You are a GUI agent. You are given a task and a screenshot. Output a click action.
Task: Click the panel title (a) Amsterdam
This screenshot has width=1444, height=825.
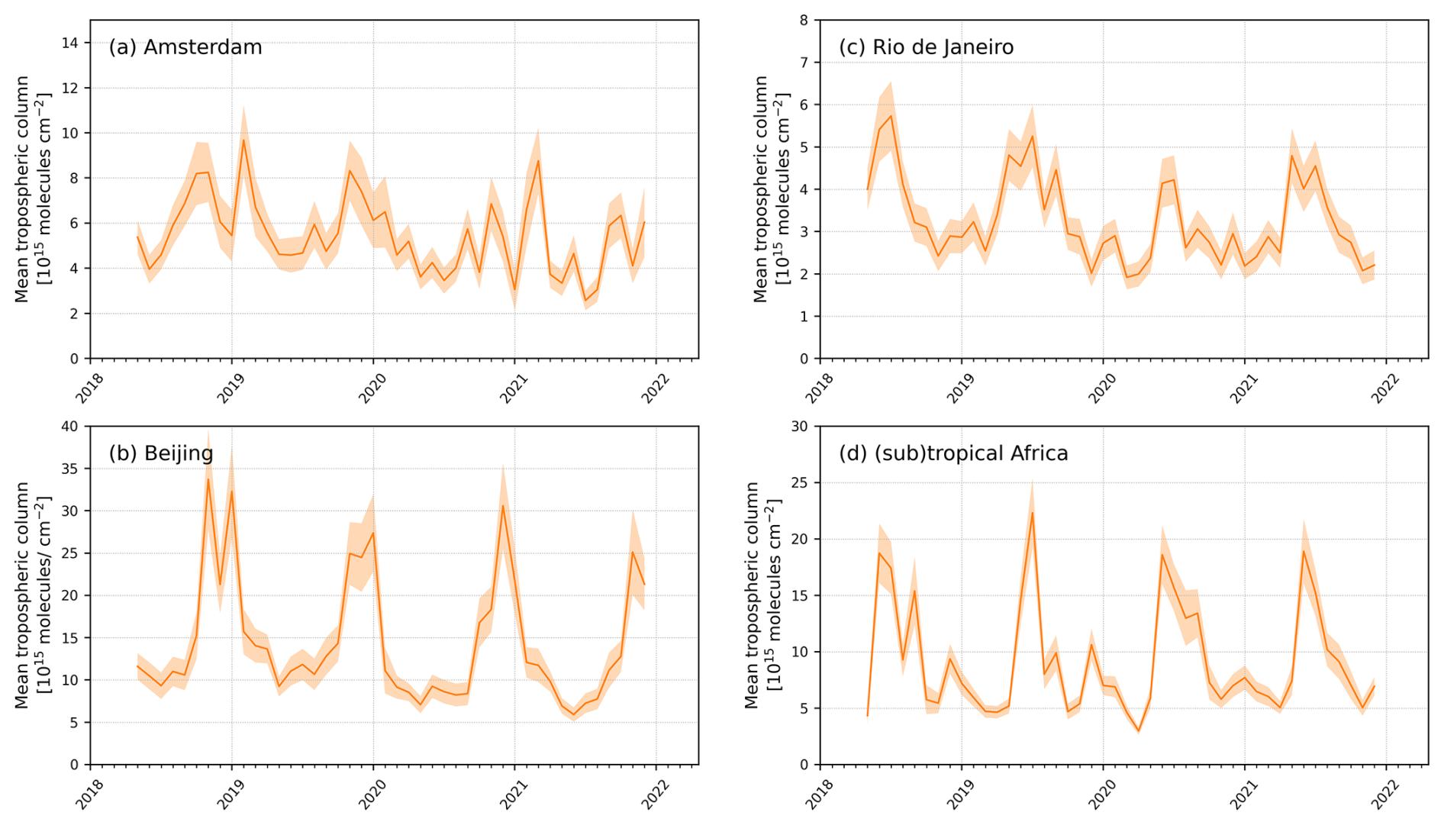point(185,47)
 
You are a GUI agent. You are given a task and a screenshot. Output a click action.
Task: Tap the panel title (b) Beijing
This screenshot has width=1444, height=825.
point(160,453)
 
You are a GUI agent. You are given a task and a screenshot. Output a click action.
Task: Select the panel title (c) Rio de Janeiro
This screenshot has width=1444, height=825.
point(926,47)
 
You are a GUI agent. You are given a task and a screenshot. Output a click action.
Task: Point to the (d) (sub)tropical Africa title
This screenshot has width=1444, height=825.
point(952,453)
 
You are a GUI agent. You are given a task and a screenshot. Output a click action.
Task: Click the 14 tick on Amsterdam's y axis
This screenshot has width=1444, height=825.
point(69,43)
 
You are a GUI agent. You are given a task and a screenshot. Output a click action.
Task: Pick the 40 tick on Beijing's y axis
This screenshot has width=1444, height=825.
point(69,427)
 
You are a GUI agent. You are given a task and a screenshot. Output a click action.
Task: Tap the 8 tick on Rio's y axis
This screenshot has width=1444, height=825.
point(804,21)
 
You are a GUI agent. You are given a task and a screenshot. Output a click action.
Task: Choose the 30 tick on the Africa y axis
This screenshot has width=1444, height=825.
point(799,427)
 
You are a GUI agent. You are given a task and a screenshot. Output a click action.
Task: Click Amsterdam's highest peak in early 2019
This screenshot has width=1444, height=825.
point(243,140)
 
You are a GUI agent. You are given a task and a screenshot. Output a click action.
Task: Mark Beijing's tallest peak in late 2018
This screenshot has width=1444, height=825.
point(208,479)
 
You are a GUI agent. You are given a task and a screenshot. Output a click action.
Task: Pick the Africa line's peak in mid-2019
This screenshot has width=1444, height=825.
point(1033,512)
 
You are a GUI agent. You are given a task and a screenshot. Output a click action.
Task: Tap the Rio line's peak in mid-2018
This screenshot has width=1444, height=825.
point(891,115)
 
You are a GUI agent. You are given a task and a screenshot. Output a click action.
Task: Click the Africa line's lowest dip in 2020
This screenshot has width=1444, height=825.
point(1139,731)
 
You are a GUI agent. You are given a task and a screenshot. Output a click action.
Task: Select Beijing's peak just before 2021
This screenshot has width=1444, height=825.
point(503,505)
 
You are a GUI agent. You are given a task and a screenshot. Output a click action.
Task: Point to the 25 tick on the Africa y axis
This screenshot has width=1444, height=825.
point(799,483)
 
